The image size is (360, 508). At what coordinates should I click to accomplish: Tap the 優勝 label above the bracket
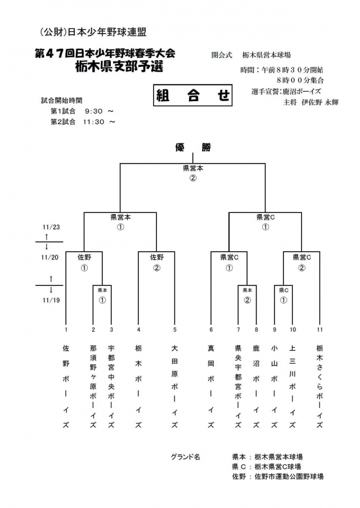[192, 148]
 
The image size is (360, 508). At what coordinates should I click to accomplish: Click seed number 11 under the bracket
[319, 329]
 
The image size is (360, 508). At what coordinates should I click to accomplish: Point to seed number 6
[211, 329]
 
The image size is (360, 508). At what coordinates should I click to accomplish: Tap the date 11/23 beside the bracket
[50, 227]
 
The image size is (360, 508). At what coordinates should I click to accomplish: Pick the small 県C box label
[283, 290]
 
